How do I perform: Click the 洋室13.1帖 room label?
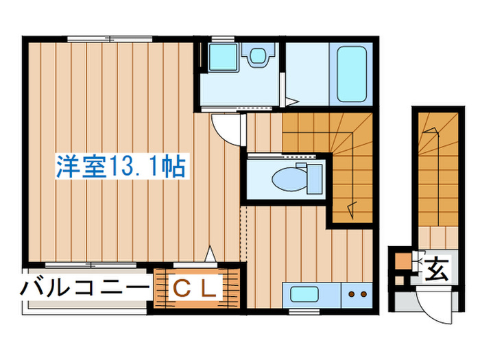click(121, 167)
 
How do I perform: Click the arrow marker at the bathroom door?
click(291, 102)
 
